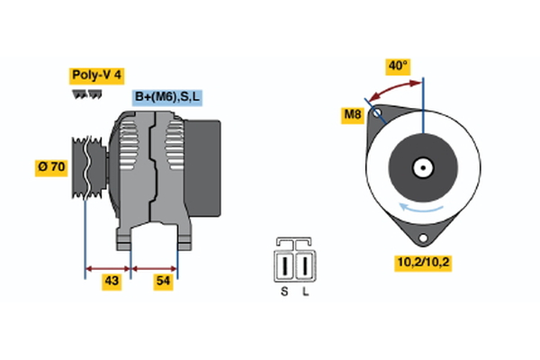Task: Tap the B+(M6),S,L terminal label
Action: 168,96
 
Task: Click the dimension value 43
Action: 112,282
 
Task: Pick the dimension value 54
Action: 164,282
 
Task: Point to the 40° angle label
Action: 397,66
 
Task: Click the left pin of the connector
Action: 285,266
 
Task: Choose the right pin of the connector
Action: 305,266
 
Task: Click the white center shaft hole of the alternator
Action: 421,167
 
